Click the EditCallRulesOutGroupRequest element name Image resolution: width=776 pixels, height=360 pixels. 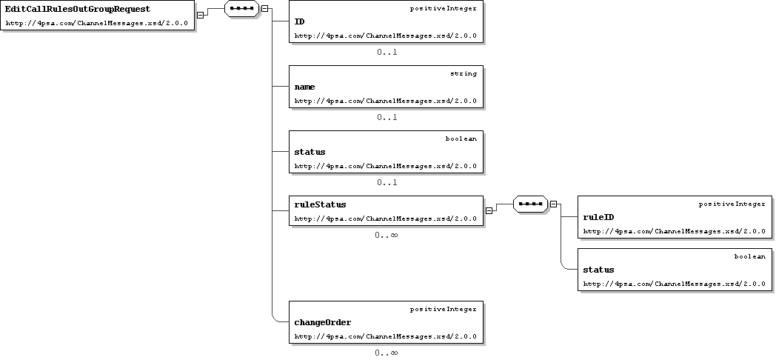pyautogui.click(x=78, y=9)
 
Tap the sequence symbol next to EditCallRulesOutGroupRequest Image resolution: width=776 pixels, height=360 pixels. pyautogui.click(x=242, y=8)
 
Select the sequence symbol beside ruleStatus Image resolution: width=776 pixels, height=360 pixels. pyautogui.click(x=530, y=204)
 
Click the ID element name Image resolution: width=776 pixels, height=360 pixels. pyautogui.click(x=299, y=21)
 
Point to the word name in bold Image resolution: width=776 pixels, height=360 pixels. pyautogui.click(x=304, y=87)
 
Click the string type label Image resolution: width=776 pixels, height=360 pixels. pyautogui.click(x=464, y=74)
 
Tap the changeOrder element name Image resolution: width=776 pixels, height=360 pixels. pyautogui.click(x=323, y=322)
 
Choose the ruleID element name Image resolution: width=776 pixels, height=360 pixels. pyautogui.click(x=598, y=217)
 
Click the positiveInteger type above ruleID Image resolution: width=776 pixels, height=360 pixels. pyautogui.click(x=732, y=204)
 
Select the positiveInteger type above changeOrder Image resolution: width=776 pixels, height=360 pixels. pyautogui.click(x=444, y=309)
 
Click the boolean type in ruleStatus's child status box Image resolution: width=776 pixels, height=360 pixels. pyautogui.click(x=750, y=256)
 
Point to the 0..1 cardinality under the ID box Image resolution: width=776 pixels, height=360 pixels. pyautogui.click(x=387, y=52)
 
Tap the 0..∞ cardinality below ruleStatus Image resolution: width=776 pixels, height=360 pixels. pyautogui.click(x=386, y=235)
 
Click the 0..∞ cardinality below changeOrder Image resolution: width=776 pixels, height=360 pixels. pyautogui.click(x=386, y=353)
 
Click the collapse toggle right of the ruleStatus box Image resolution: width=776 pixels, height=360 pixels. pyautogui.click(x=489, y=210)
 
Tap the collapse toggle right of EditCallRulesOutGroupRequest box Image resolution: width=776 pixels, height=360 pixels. pyautogui.click(x=200, y=15)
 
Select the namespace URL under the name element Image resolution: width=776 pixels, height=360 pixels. pyautogui.click(x=386, y=101)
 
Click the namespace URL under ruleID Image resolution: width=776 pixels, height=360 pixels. pyautogui.click(x=674, y=231)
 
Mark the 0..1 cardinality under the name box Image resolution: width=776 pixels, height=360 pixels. pyautogui.click(x=387, y=117)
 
